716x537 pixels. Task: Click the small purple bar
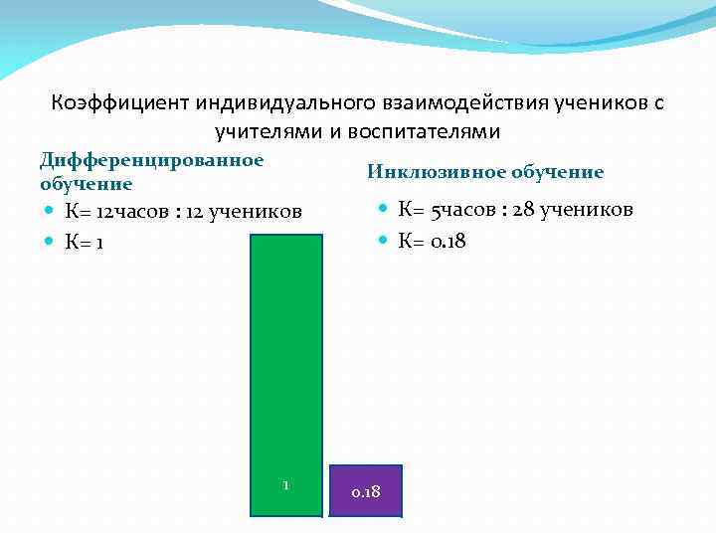tap(365, 490)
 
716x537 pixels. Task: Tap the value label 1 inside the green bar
tap(285, 485)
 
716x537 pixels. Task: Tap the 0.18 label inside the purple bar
tap(365, 493)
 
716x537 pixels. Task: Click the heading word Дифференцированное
tap(151, 160)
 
